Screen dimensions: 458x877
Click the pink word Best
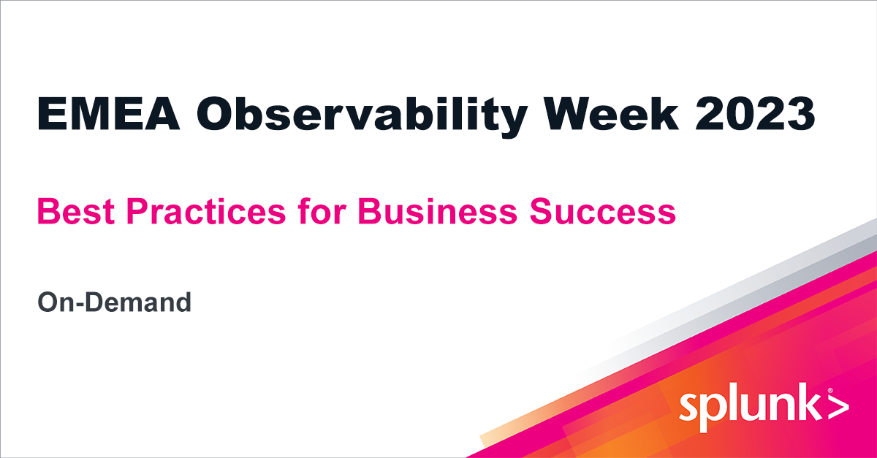click(67, 212)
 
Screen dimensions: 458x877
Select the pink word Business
click(438, 212)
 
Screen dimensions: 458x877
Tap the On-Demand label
click(114, 302)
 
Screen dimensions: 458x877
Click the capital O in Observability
click(219, 115)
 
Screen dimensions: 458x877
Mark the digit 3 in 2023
click(800, 115)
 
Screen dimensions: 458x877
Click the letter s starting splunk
click(688, 408)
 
